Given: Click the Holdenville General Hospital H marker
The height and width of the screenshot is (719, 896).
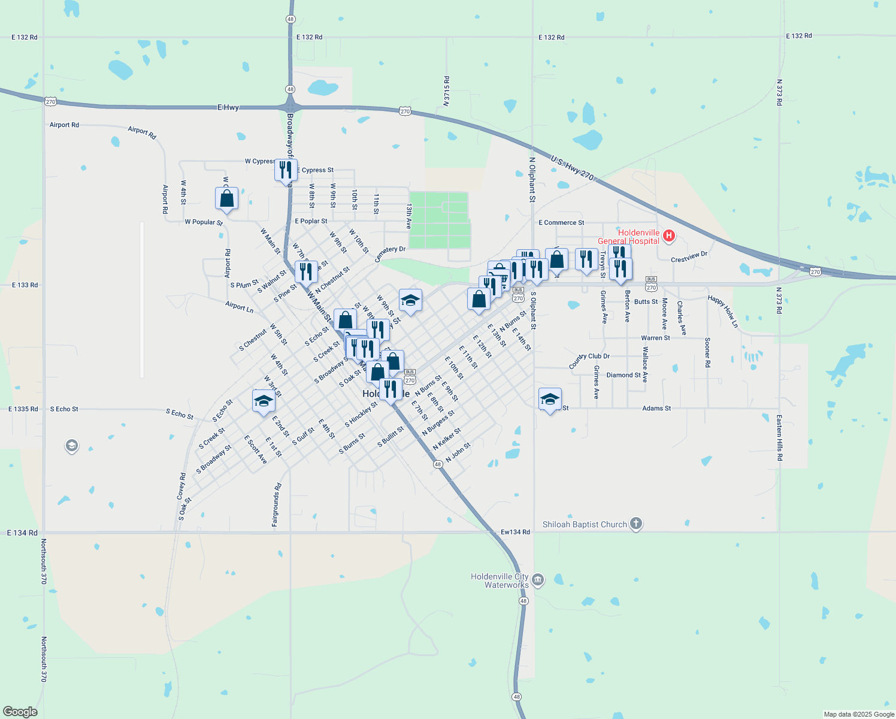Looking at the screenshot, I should [x=669, y=237].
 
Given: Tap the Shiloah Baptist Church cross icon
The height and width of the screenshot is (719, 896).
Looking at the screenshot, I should [x=636, y=524].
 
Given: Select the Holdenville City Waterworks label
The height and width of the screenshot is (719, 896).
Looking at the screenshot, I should [x=500, y=581].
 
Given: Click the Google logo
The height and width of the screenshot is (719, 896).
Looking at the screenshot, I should [x=20, y=712].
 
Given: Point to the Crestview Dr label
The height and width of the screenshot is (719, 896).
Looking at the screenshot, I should [x=689, y=257].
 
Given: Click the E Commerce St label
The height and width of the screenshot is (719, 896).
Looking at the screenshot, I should [x=561, y=223].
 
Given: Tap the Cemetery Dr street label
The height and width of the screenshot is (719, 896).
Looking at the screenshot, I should [x=390, y=253].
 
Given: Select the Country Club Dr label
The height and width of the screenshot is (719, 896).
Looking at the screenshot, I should [x=589, y=361].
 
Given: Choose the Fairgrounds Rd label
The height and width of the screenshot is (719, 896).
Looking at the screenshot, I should [x=276, y=504].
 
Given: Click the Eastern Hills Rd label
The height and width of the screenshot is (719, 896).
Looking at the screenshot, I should [x=779, y=437].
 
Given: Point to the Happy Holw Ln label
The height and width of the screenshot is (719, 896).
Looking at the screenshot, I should [x=723, y=311].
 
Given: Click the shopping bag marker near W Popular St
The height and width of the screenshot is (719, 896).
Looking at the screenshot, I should [x=226, y=198].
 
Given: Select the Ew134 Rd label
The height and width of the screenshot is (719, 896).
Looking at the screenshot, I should [x=515, y=532].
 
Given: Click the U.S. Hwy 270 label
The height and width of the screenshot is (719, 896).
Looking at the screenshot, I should [x=572, y=168].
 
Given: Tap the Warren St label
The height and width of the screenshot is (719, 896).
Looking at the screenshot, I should [x=655, y=338].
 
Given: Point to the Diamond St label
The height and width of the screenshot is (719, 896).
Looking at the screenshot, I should [x=623, y=375].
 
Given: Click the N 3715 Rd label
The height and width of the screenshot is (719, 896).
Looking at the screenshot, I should [x=446, y=91].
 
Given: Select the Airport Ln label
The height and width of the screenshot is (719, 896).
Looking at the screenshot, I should [x=240, y=306].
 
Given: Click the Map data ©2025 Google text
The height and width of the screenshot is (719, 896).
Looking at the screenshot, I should [x=859, y=714].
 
